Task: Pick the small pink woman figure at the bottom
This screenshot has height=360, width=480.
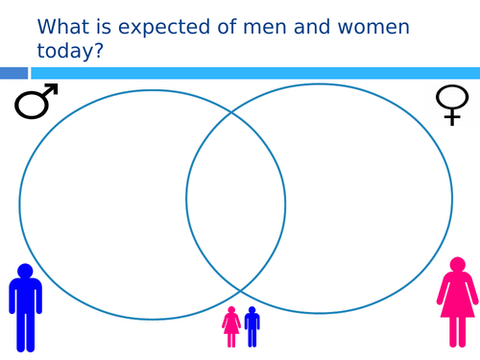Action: pyautogui.click(x=231, y=326)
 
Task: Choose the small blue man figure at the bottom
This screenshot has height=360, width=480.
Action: pyautogui.click(x=252, y=326)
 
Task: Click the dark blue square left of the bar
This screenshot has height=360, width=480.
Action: pyautogui.click(x=13, y=73)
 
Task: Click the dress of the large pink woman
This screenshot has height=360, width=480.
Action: pyautogui.click(x=457, y=298)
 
